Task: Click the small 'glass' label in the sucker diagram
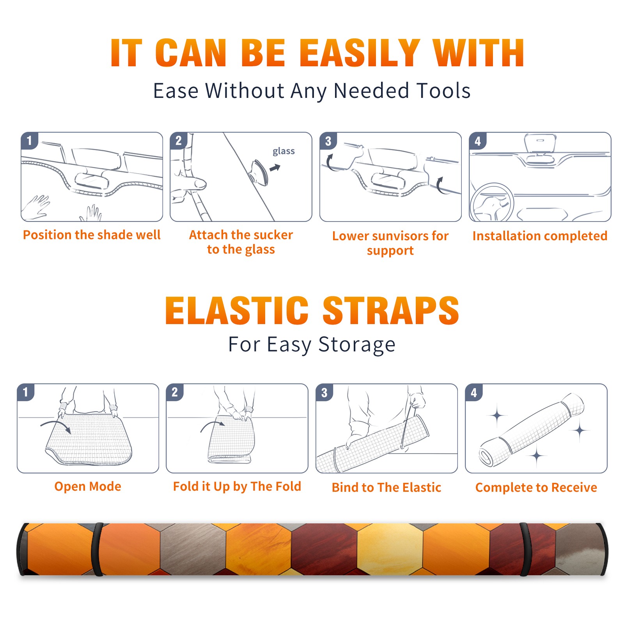pyautogui.click(x=284, y=151)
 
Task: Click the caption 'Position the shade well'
pyautogui.click(x=92, y=235)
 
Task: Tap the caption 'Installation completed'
pyautogui.click(x=540, y=236)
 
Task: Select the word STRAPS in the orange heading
pyautogui.click(x=391, y=310)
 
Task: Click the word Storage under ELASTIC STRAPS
pyautogui.click(x=357, y=345)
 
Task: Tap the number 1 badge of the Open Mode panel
pyautogui.click(x=26, y=392)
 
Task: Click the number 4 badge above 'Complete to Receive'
pyautogui.click(x=474, y=392)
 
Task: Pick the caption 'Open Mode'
pyautogui.click(x=88, y=486)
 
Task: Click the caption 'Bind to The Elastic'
pyautogui.click(x=386, y=487)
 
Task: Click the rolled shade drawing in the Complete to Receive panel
pyautogui.click(x=532, y=429)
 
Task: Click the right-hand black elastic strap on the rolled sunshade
pyautogui.click(x=525, y=549)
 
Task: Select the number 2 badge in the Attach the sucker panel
pyautogui.click(x=179, y=141)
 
